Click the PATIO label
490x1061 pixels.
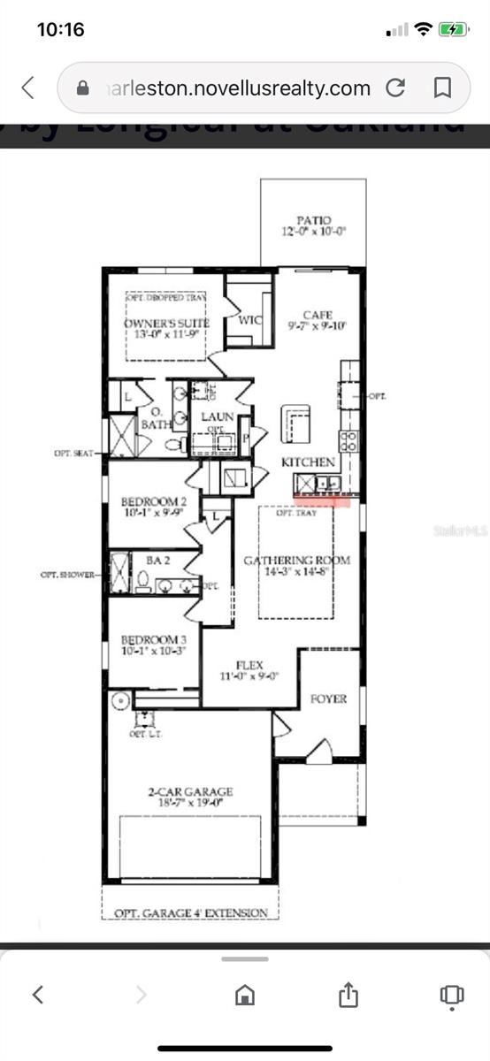pyautogui.click(x=314, y=220)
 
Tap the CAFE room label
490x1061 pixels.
pyautogui.click(x=318, y=315)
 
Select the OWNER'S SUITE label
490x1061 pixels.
pyautogui.click(x=165, y=323)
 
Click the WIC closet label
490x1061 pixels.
pyautogui.click(x=250, y=320)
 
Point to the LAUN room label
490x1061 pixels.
pyautogui.click(x=218, y=416)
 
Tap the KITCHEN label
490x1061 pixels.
pyautogui.click(x=308, y=462)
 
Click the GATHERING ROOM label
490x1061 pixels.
pyautogui.click(x=296, y=560)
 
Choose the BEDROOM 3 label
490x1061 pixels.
pyautogui.click(x=154, y=639)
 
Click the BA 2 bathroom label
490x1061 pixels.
pyautogui.click(x=158, y=560)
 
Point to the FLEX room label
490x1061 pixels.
pyautogui.click(x=250, y=665)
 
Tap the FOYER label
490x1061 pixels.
pyautogui.click(x=328, y=698)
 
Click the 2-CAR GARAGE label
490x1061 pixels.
pyautogui.click(x=190, y=792)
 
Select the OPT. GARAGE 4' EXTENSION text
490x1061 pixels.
pyautogui.click(x=190, y=913)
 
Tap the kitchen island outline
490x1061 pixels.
pyautogui.click(x=295, y=424)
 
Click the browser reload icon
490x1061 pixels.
pyautogui.click(x=395, y=88)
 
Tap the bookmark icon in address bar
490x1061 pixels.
pyautogui.click(x=442, y=88)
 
